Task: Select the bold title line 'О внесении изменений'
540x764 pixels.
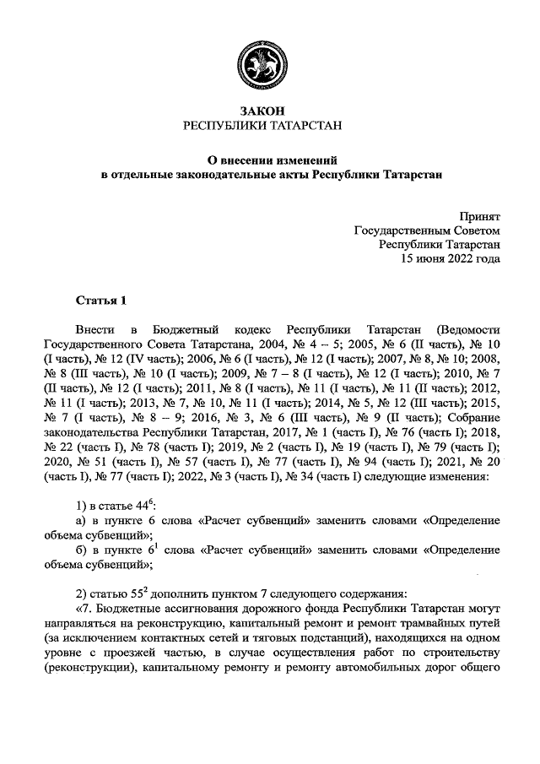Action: (x=269, y=159)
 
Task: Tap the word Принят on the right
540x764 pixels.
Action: (x=480, y=216)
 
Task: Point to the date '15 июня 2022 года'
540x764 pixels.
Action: (x=451, y=259)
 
